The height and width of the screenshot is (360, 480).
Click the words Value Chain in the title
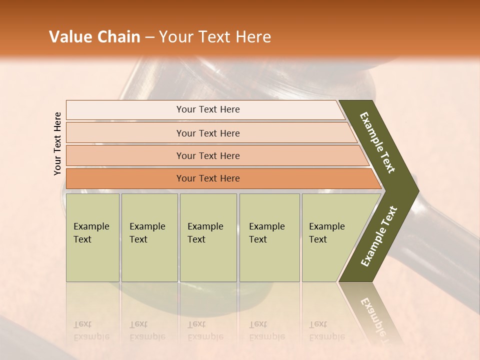[x=94, y=37]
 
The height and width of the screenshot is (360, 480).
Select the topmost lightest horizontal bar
[x=125, y=110]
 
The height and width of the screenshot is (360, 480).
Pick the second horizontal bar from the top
[x=125, y=133]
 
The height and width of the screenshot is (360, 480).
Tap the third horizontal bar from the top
[x=125, y=155]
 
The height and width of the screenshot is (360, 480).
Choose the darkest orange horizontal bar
[x=125, y=178]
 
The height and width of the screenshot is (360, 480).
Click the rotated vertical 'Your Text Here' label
[x=57, y=143]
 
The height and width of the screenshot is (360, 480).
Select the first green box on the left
[x=92, y=237]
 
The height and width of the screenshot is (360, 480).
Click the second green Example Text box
[x=149, y=237]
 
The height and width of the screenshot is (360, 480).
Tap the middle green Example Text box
[x=208, y=237]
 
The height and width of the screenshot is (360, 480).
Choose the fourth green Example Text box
[x=269, y=237]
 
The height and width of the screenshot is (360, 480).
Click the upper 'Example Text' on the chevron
[x=377, y=142]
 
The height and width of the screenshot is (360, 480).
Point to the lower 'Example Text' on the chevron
[x=379, y=236]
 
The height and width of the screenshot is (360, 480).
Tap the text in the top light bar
[x=208, y=109]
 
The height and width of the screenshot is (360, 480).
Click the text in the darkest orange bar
[x=208, y=178]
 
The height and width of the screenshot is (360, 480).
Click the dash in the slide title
[x=149, y=37]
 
